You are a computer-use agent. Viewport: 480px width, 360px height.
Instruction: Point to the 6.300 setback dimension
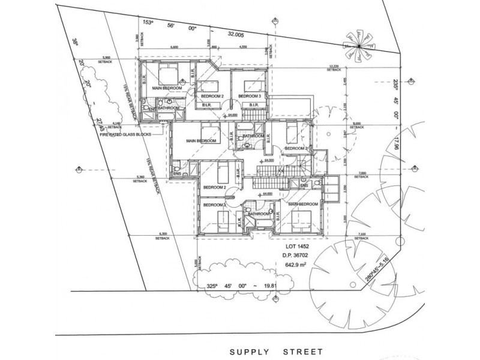click(163, 234)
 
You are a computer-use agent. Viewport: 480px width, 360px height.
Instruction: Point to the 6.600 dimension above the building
click(175, 46)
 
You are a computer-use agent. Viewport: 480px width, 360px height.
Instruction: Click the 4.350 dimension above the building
click(243, 46)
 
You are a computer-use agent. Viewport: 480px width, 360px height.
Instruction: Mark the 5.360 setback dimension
click(142, 178)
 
